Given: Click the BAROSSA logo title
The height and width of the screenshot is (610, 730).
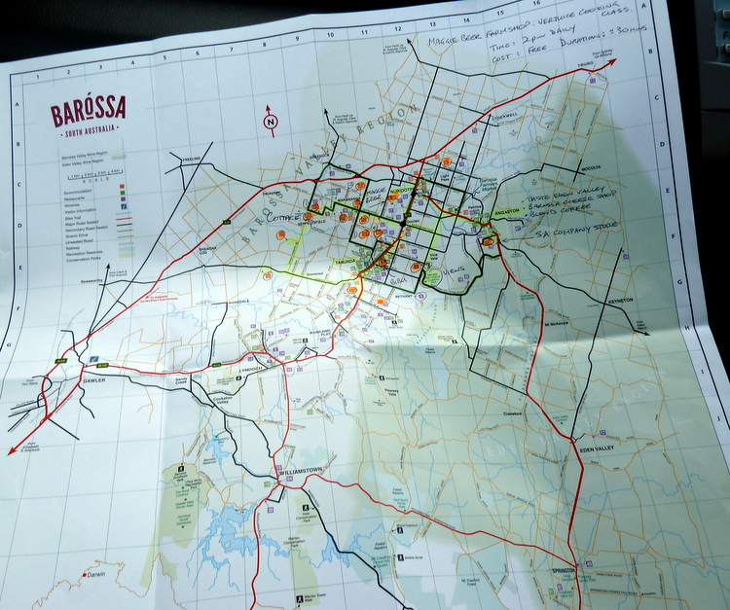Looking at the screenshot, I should click(88, 113).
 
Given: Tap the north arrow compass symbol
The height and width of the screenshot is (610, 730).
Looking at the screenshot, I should click(270, 122).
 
